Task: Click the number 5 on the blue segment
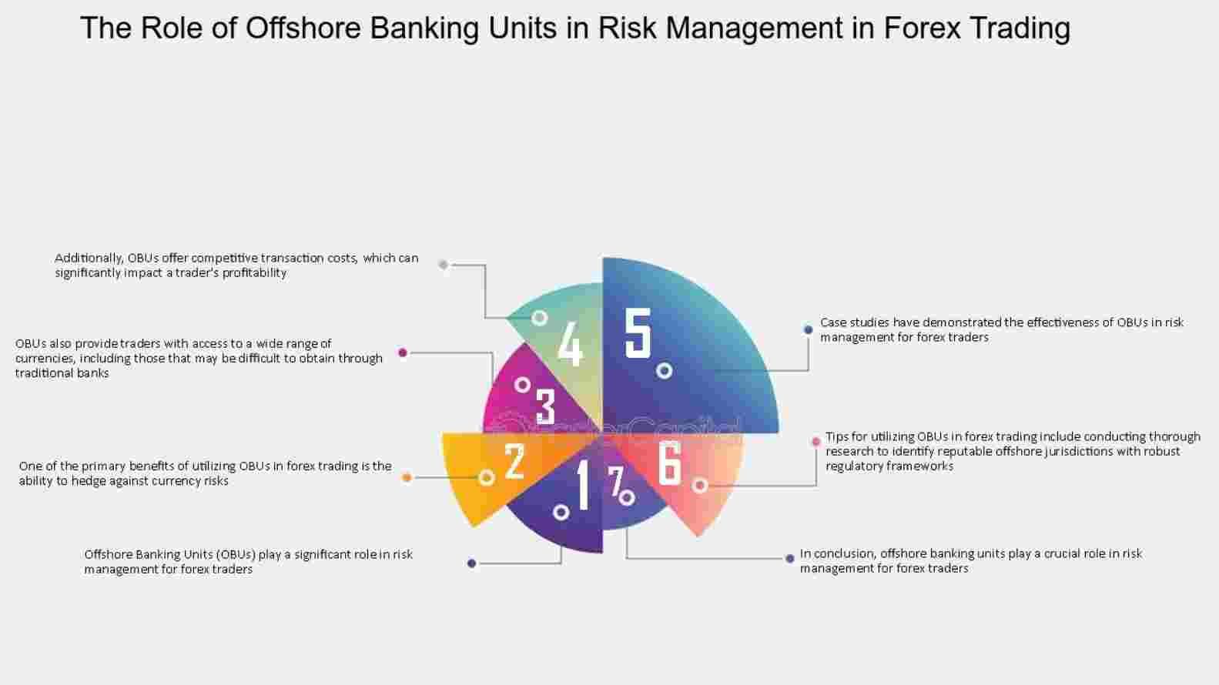pos(638,332)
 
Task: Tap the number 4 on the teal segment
pos(571,343)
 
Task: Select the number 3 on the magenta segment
pos(545,406)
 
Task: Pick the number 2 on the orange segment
pos(514,461)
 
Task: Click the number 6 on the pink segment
pos(669,463)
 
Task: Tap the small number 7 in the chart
pos(615,481)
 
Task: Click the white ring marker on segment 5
pos(664,371)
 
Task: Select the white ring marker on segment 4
pos(539,318)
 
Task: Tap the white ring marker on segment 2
pos(487,478)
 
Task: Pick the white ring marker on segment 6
pos(701,486)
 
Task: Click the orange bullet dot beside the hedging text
pos(407,478)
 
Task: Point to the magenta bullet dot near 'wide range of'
pos(403,353)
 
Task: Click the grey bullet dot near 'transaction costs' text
pos(444,265)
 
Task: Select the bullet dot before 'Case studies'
pos(808,329)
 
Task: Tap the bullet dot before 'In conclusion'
pos(789,559)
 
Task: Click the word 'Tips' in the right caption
pos(836,437)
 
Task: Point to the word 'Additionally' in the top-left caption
pos(89,259)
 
